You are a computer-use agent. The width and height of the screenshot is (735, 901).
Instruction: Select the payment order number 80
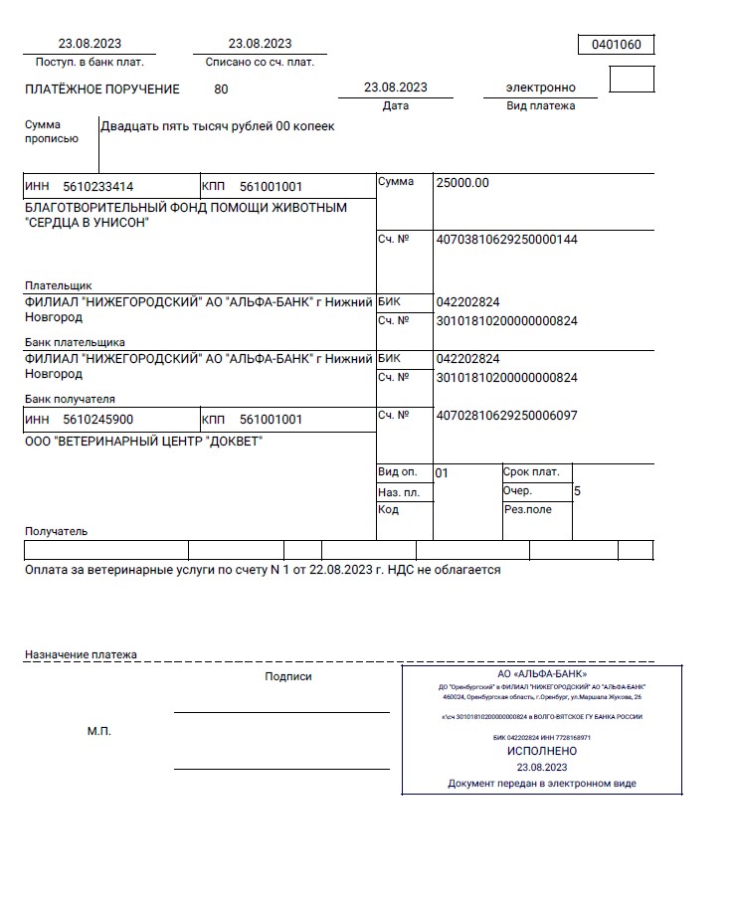(x=221, y=89)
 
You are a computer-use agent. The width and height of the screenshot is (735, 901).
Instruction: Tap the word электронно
(x=541, y=88)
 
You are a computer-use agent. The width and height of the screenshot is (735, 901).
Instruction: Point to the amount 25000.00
(x=462, y=183)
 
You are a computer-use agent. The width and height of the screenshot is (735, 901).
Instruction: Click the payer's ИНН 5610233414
(x=97, y=186)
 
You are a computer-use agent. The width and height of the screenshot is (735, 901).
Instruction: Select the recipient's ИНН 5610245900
(x=97, y=420)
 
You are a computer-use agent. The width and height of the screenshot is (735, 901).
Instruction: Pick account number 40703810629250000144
(x=506, y=240)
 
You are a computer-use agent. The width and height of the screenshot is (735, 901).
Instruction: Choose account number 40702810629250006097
(x=506, y=416)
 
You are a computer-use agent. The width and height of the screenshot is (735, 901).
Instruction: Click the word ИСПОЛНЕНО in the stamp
(x=542, y=752)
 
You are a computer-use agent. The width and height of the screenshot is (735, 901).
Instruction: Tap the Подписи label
(x=288, y=676)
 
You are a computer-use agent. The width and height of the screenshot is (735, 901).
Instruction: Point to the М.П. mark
(x=99, y=732)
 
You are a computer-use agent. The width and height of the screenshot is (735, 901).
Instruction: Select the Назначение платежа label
(x=81, y=655)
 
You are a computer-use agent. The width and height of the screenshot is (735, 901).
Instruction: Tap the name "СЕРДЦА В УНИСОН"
(x=87, y=223)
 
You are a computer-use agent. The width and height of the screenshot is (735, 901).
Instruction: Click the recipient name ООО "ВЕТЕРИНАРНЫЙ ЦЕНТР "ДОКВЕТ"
(x=143, y=442)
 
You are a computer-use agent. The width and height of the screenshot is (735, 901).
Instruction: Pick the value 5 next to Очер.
(x=578, y=491)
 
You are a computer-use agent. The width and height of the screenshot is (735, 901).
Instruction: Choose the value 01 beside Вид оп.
(x=443, y=473)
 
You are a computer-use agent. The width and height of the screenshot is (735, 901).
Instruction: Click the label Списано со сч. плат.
(x=260, y=62)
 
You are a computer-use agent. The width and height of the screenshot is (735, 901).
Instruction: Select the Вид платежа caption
(x=541, y=105)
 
